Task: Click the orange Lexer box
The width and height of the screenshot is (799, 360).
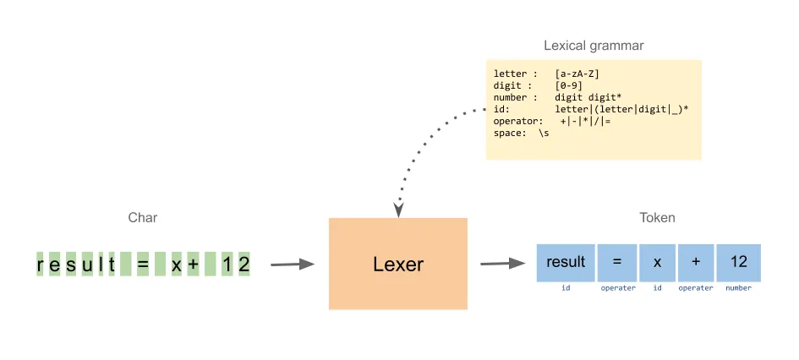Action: (397, 264)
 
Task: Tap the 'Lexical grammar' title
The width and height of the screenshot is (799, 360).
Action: (593, 45)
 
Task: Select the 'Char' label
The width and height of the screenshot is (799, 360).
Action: (142, 218)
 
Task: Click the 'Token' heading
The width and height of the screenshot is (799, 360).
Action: (656, 218)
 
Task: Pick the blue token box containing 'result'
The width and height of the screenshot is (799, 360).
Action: (566, 262)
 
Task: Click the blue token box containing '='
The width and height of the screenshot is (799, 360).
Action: (617, 262)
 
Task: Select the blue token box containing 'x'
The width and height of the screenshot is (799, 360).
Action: (656, 262)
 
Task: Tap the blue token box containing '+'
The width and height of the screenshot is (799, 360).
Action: (695, 262)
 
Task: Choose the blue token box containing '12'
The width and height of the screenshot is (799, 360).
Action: (738, 262)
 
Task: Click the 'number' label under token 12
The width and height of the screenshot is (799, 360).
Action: (738, 288)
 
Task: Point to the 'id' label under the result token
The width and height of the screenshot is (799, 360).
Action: (566, 288)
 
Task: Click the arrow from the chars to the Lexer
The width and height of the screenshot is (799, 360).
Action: (292, 265)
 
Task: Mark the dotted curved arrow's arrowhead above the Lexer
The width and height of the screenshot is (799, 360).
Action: (399, 208)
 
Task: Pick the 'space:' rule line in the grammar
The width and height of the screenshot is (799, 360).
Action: (521, 134)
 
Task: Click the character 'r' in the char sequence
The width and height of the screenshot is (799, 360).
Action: (41, 265)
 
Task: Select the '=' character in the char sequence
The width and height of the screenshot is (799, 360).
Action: (142, 265)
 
